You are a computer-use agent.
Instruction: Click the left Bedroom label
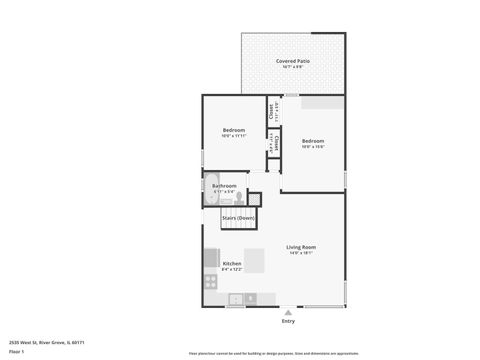(233, 131)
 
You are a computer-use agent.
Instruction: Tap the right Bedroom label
(313, 141)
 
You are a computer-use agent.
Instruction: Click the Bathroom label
(225, 185)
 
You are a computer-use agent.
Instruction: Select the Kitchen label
(231, 264)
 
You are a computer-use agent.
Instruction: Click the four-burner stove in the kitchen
(210, 281)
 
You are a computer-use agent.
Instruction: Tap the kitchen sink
(236, 298)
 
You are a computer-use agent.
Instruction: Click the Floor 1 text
(16, 352)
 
